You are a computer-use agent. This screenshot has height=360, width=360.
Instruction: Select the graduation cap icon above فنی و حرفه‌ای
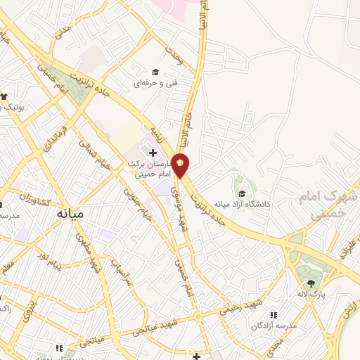coord(155,72)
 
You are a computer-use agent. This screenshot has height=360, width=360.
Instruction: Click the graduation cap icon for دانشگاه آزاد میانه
coord(242,193)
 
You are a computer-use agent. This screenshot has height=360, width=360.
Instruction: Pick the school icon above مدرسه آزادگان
coord(274,316)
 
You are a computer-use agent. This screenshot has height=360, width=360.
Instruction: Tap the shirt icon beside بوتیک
coord(4,96)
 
